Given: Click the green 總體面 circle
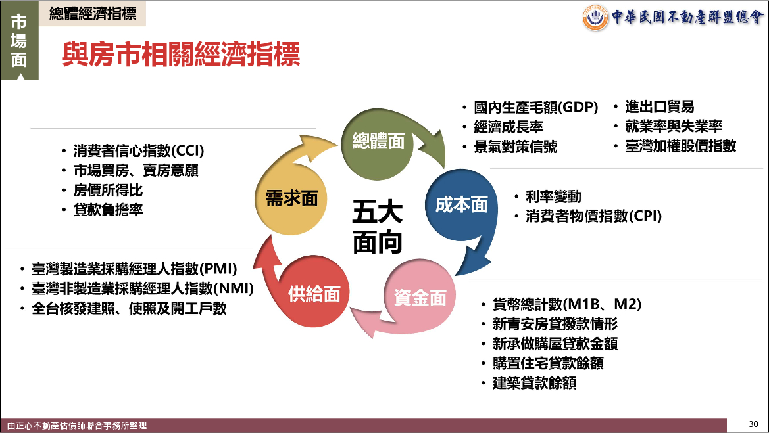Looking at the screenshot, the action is (377, 143).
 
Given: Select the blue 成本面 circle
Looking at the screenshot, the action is (461, 205).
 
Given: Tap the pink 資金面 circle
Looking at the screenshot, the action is (420, 296).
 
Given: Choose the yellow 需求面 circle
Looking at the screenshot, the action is (291, 198).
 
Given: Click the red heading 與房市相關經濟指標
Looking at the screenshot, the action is (181, 54).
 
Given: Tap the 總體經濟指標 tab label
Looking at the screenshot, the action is (93, 14).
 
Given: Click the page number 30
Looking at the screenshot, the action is (753, 424).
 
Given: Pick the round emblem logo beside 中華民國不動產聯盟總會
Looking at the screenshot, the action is (595, 18).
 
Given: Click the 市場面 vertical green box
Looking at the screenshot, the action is (19, 41).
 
